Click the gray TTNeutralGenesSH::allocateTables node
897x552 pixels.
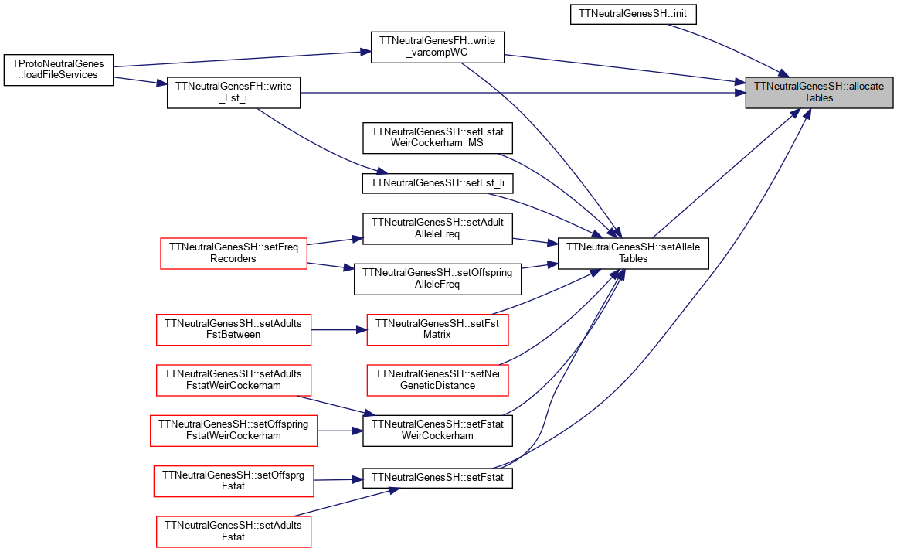coord(819,92)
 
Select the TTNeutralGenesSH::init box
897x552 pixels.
coord(633,14)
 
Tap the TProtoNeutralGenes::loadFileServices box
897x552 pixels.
coord(59,70)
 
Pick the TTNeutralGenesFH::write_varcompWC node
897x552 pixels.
coord(437,47)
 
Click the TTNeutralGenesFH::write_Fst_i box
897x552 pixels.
coord(233,92)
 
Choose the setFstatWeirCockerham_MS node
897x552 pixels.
coord(437,138)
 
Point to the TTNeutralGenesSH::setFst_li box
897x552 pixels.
coord(437,183)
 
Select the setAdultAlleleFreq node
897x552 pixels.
coord(437,229)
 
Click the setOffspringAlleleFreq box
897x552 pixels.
coord(437,279)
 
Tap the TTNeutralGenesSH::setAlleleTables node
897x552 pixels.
coord(634,253)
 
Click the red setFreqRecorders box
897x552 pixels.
coord(233,253)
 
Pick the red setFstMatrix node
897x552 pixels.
coord(437,329)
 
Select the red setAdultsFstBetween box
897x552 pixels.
coord(233,329)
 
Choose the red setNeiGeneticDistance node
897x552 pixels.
coord(437,380)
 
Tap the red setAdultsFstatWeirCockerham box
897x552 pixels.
coord(233,380)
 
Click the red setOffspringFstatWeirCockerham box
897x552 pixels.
coord(233,431)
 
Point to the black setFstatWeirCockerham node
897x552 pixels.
coord(437,431)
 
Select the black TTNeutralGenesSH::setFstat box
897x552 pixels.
coord(437,478)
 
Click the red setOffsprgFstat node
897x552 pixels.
coord(233,481)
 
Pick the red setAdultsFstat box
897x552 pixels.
coord(233,531)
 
